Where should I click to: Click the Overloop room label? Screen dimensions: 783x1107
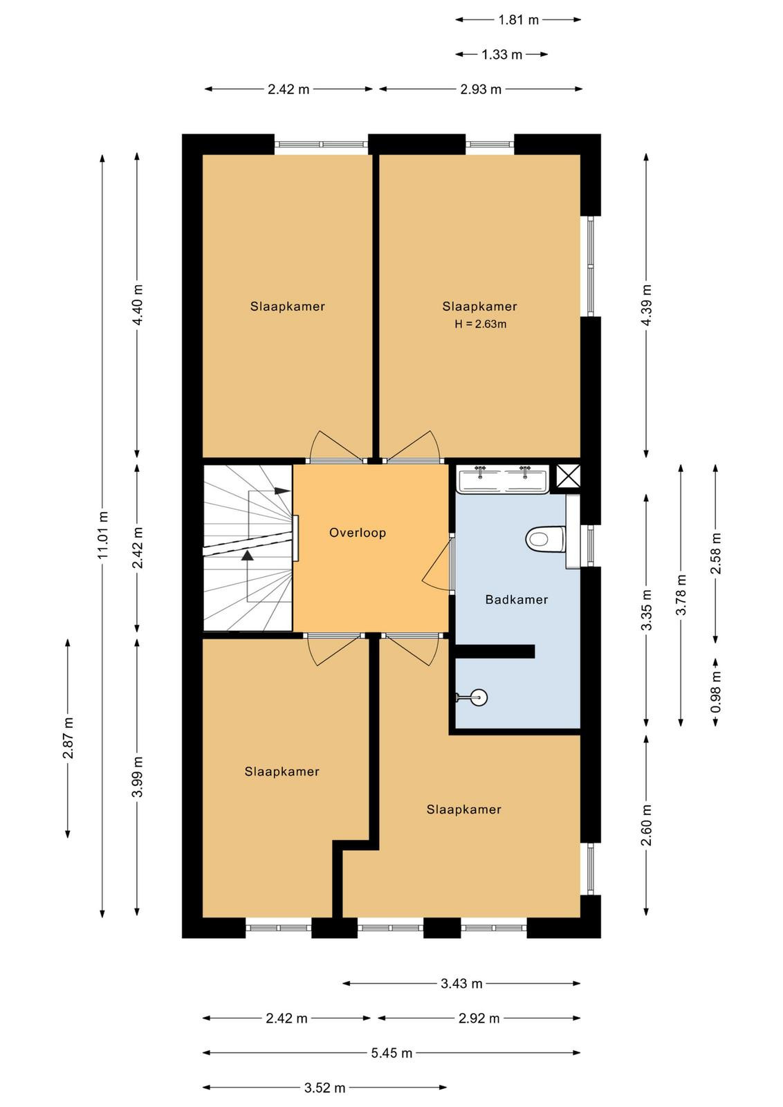point(357,533)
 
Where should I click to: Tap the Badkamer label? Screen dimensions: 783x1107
point(516,599)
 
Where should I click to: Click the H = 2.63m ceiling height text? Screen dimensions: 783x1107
point(480,324)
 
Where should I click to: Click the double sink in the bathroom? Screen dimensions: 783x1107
point(502,478)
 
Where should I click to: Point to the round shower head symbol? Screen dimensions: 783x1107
point(478,697)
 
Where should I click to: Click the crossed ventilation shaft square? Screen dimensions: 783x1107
point(568,477)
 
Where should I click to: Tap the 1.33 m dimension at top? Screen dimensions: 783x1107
point(501,55)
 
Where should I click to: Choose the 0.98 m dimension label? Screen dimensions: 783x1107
point(716,691)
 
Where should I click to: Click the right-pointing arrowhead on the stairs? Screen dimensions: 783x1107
point(282,491)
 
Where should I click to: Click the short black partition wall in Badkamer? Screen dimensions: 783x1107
point(495,651)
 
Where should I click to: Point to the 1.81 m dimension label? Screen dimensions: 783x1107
point(517,20)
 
